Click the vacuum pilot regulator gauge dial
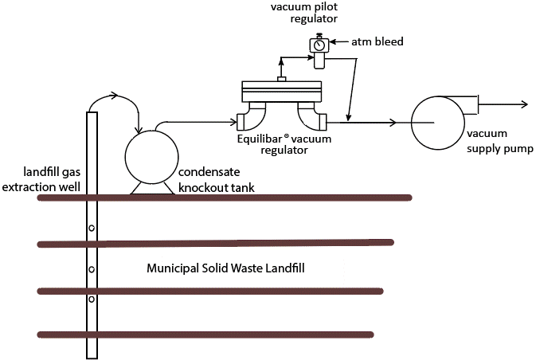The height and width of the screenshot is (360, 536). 319,45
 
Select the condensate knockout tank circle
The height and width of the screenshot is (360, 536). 151,155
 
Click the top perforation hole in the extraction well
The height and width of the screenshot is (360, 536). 92,228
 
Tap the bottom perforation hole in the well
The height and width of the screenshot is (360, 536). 92,299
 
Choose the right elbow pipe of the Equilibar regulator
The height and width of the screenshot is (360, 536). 313,117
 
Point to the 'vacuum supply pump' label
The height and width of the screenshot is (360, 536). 499,141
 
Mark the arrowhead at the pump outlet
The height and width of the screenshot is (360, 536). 523,104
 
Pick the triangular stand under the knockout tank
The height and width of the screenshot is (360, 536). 151,187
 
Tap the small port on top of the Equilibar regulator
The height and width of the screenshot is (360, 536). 281,78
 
